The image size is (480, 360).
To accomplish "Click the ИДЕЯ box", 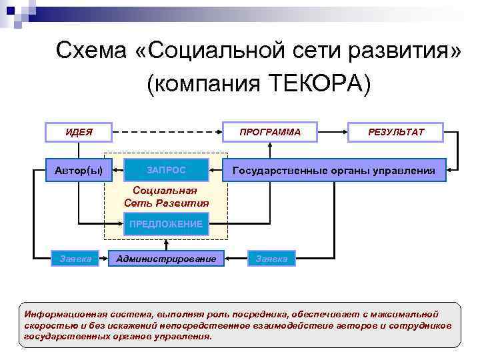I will tap(79, 132).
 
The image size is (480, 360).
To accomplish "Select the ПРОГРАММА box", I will tap(270, 132).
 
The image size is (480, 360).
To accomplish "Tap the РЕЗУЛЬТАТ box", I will tap(395, 132).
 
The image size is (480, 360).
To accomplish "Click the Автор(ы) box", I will tap(79, 170).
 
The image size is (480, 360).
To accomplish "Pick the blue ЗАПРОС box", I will tap(167, 170).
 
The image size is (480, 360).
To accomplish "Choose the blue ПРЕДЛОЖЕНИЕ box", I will tap(166, 224).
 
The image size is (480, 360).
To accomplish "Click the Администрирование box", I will tap(166, 258).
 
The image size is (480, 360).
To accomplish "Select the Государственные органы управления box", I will tap(334, 171).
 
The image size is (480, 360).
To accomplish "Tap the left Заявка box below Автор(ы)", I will tap(76, 258).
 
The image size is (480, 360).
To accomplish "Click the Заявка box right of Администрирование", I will tap(272, 258).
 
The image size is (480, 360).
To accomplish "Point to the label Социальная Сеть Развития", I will tap(166, 196).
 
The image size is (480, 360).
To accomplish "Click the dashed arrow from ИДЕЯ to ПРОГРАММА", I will tap(167, 132).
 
